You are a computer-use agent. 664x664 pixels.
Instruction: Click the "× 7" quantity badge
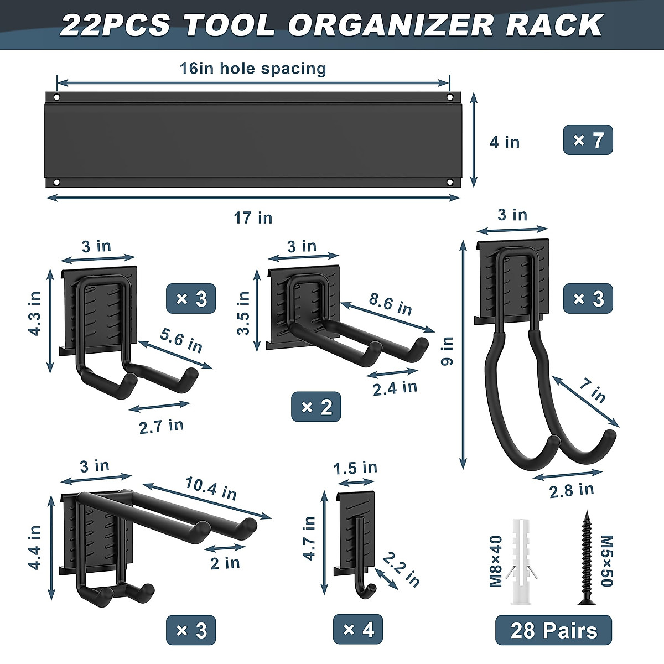coord(588,139)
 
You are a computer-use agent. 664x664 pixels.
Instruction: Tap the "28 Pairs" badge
coord(553,631)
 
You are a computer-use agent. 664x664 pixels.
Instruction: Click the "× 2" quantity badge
coord(316,407)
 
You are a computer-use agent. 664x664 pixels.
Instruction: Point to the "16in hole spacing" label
coord(253,68)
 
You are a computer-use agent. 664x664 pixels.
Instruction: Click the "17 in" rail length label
coord(253,218)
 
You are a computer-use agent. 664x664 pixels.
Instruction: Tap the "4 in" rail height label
coord(505,142)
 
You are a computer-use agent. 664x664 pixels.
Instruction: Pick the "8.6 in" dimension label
coord(390,304)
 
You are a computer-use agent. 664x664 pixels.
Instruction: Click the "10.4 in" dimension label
coord(210,487)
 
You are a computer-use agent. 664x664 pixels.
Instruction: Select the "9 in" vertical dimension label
coord(447,351)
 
